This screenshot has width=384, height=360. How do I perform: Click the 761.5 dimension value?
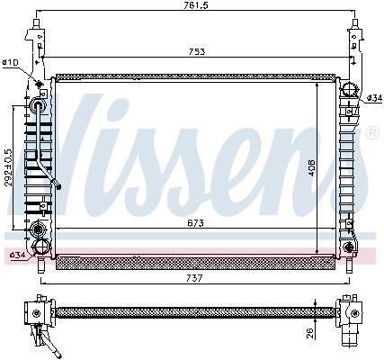tap(196, 5)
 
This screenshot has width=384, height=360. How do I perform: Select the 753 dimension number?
tap(197, 51)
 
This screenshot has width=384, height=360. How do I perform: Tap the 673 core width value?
tap(195, 223)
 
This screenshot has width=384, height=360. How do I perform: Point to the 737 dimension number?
tap(194, 278)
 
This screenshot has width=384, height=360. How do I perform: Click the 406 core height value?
tap(311, 167)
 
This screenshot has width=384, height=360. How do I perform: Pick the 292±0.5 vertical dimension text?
tap(9, 167)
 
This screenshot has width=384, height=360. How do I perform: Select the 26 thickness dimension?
tap(310, 333)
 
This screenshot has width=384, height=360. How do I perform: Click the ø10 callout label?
tap(11, 62)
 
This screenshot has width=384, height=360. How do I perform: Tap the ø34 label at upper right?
tap(375, 97)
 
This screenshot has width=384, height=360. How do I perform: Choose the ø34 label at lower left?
tap(17, 255)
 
